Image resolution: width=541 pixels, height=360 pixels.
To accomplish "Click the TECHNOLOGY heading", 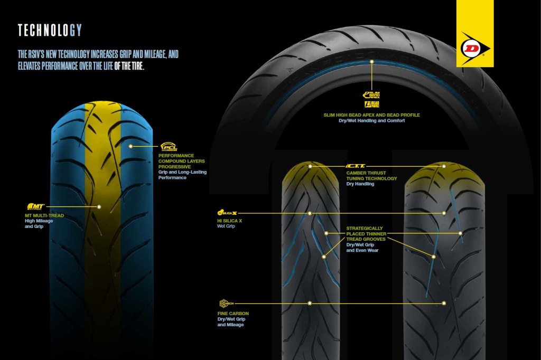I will [x=50, y=30].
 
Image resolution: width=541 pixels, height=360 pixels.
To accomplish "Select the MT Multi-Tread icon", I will [x=35, y=206].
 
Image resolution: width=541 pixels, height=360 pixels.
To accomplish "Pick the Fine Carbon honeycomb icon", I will [x=226, y=303].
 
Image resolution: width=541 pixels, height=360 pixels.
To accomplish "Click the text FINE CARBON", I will [x=233, y=314].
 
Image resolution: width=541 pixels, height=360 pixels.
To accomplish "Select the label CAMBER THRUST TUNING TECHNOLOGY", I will [x=371, y=176].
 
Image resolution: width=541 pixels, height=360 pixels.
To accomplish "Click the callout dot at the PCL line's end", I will [x=130, y=146].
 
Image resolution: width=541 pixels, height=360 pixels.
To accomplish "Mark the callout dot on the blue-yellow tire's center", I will [x=99, y=206].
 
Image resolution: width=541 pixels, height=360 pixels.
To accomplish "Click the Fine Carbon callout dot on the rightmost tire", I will [x=444, y=303].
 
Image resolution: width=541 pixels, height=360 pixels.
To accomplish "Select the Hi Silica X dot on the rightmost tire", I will [x=444, y=213].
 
